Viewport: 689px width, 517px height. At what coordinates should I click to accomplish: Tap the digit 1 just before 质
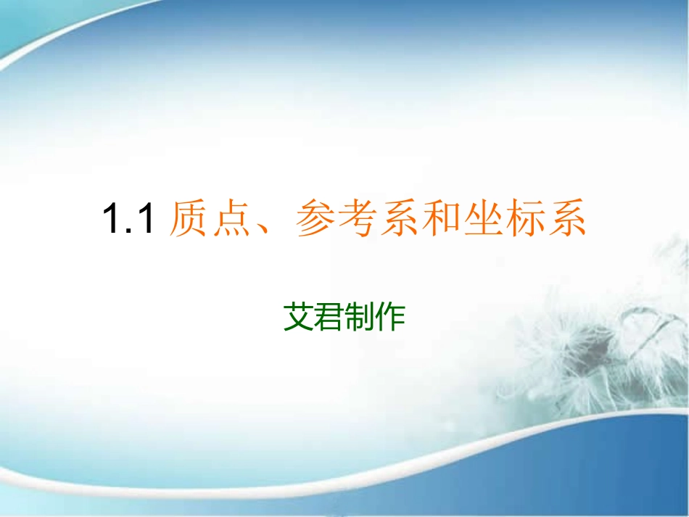tap(146, 220)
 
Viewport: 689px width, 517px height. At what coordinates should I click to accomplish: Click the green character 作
tap(390, 317)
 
